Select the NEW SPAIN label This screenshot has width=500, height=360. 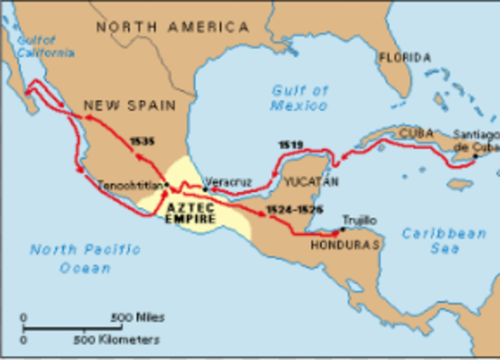130,104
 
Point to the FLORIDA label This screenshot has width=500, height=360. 405,58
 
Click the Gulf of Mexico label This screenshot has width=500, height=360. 299,98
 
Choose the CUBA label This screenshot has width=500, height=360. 416,133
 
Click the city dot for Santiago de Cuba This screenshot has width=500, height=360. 475,155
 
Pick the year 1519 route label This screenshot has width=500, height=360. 290,144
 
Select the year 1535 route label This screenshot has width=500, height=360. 143,141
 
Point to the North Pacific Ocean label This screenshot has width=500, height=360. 84,258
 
